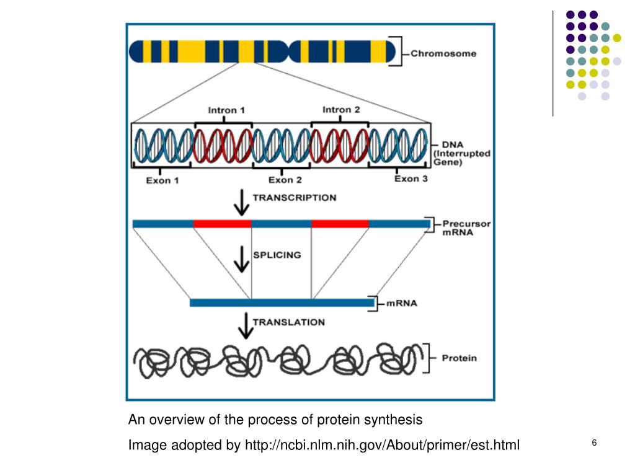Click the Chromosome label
click(443, 53)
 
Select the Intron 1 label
click(226, 110)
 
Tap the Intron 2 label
click(341, 110)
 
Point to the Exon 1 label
click(162, 181)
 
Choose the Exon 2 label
click(285, 180)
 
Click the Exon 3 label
click(411, 179)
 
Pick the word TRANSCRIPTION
click(294, 198)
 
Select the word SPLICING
click(277, 255)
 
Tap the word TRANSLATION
click(288, 322)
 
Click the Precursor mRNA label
click(466, 227)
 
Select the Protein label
click(459, 358)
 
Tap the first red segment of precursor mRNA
click(223, 224)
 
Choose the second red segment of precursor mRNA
click(340, 224)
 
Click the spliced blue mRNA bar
click(282, 303)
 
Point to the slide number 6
click(594, 443)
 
